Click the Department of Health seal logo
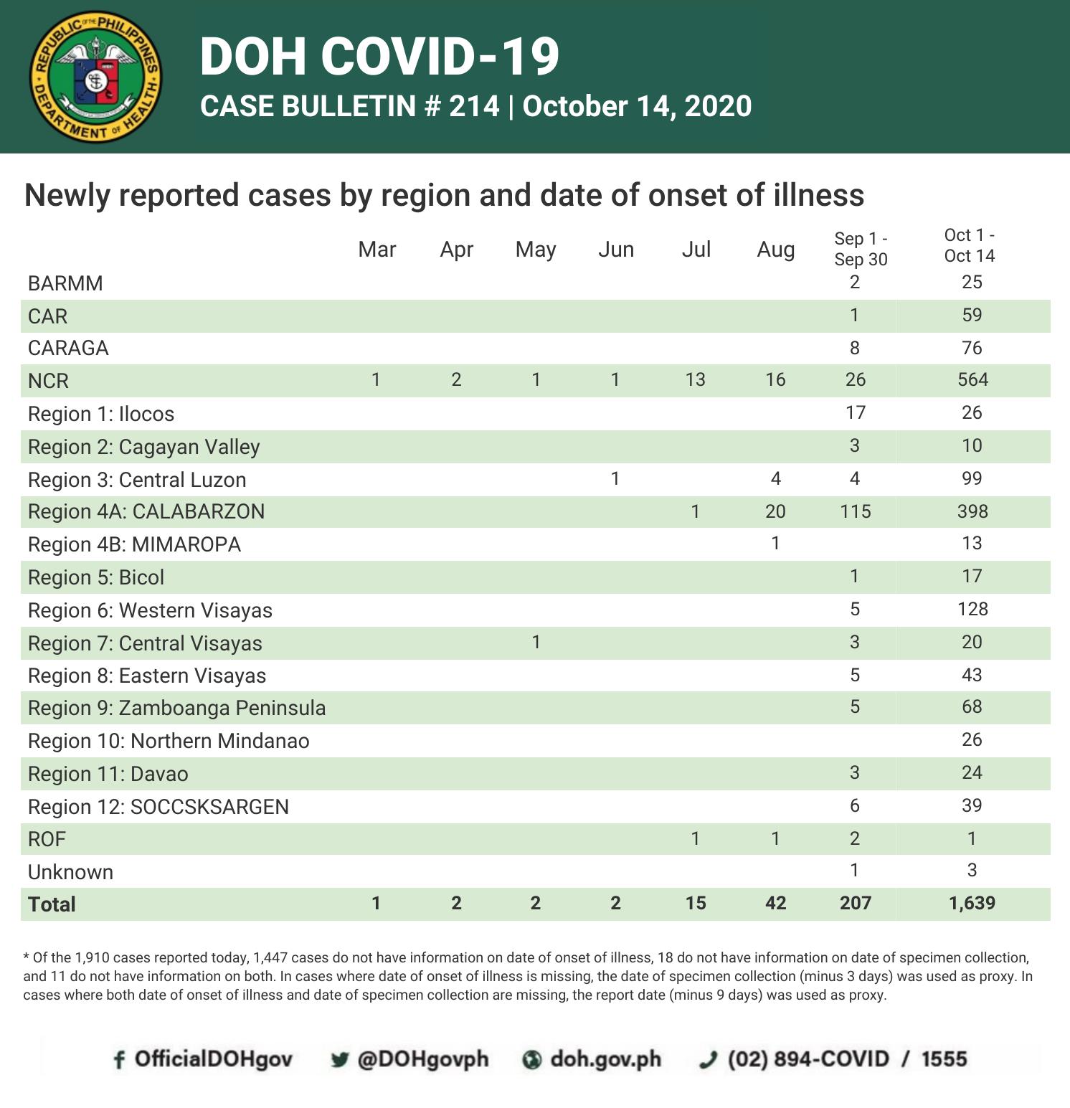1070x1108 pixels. coord(95,77)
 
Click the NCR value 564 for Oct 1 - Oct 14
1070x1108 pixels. coord(972,379)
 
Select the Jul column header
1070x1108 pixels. coord(696,250)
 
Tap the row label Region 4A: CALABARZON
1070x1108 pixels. coord(146,511)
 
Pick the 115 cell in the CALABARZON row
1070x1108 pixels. coord(856,511)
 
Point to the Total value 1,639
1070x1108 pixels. coord(972,903)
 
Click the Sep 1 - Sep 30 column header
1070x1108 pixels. coord(861,249)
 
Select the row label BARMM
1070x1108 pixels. coord(65,283)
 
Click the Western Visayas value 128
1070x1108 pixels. coord(972,609)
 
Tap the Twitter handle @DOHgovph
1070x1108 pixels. coord(422,1059)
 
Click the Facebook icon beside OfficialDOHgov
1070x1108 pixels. coord(119,1060)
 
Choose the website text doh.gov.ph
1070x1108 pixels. coord(605,1059)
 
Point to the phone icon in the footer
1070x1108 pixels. coord(709,1060)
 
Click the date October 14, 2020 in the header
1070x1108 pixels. coord(637,106)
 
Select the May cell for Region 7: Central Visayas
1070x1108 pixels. coord(536,642)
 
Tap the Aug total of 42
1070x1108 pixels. coord(775,903)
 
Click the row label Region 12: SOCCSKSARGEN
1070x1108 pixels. coord(158,807)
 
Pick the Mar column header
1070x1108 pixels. coord(377,250)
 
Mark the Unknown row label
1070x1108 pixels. coord(70,872)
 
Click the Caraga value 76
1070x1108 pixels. coord(972,348)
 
